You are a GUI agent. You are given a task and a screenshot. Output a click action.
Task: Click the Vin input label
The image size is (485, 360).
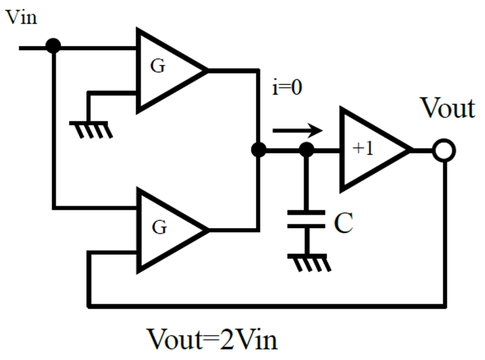click(22, 17)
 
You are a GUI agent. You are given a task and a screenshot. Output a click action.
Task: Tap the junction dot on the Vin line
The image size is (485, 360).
click(53, 46)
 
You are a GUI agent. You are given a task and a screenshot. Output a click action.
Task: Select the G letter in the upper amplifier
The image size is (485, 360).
click(158, 66)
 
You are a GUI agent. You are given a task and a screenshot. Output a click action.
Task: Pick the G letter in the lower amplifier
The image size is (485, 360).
click(160, 227)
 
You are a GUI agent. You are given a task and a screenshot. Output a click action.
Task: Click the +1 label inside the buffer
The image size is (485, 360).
click(363, 148)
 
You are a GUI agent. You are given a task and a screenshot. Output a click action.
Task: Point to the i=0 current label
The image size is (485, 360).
click(287, 87)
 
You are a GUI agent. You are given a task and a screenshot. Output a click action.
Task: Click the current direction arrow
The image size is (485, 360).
click(297, 130)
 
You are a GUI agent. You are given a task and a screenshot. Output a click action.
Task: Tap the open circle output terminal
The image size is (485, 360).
click(444, 150)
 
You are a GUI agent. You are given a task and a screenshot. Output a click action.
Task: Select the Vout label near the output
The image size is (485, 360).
click(448, 108)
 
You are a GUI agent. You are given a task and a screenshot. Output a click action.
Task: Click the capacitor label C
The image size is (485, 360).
click(344, 223)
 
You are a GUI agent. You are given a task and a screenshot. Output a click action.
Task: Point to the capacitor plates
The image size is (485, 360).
click(306, 219)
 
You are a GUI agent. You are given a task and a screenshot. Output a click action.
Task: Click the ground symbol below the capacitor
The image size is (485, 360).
click(309, 263)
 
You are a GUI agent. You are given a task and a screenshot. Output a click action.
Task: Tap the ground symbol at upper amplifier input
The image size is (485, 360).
click(91, 130)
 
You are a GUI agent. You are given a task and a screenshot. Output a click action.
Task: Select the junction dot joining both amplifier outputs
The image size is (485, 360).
click(258, 150)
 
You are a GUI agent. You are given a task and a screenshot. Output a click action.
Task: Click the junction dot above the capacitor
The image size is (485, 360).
click(307, 150)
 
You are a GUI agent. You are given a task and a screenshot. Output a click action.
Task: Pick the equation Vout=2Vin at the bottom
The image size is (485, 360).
click(212, 340)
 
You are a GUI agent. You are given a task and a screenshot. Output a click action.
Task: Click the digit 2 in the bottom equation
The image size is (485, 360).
click(227, 340)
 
